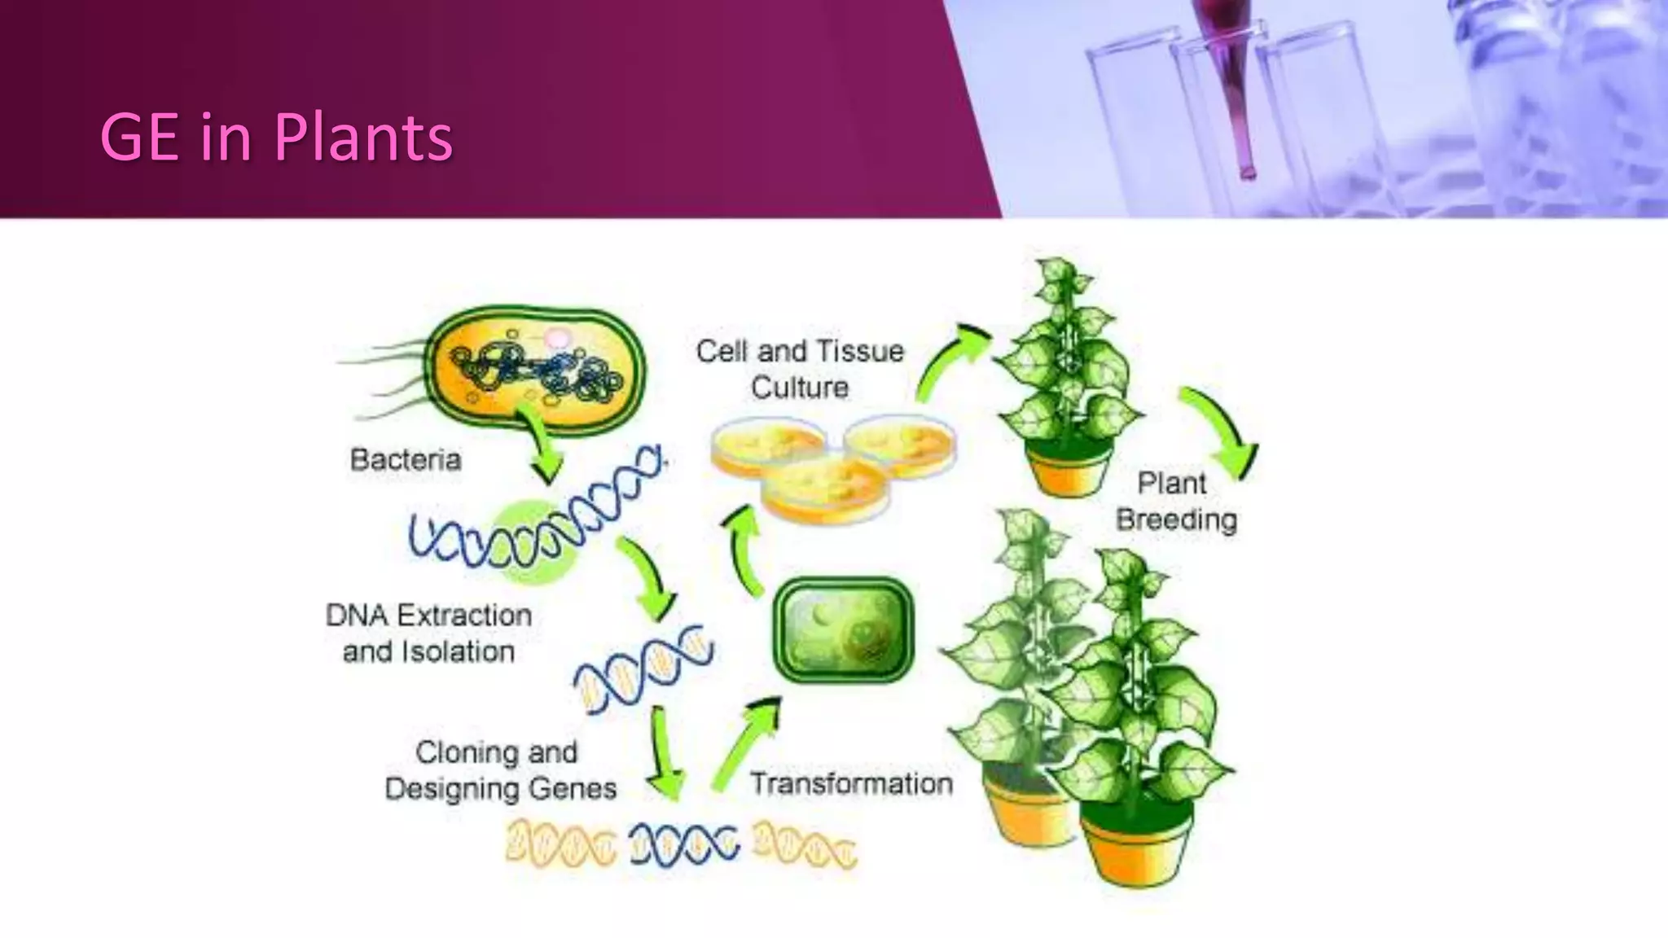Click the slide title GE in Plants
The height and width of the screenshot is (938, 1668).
tap(276, 137)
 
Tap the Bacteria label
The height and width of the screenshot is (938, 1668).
tap(406, 460)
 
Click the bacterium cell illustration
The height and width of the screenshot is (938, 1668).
tap(538, 370)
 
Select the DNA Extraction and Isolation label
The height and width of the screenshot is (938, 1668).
tap(428, 633)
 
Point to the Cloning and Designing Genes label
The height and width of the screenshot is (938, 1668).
tap(500, 770)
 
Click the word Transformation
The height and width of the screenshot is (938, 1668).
tap(851, 783)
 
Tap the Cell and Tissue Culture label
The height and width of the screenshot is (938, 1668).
tap(800, 369)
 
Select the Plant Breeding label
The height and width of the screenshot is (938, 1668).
tap(1175, 502)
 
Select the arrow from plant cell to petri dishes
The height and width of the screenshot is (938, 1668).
tap(744, 550)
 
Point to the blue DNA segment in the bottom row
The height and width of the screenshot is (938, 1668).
tap(684, 844)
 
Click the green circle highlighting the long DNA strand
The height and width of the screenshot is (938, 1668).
tap(534, 541)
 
